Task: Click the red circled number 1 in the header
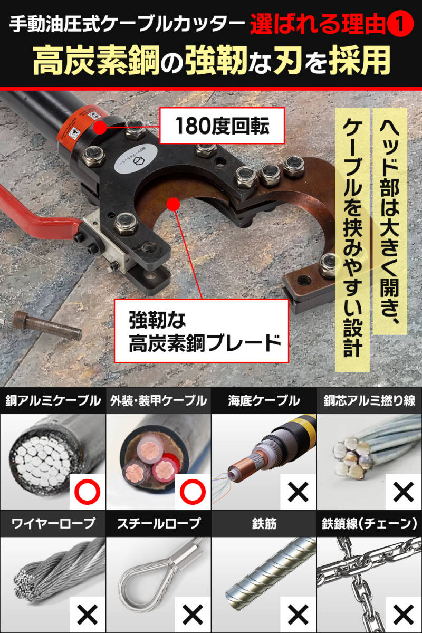pos(400,24)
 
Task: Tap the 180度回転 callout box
pos(222,126)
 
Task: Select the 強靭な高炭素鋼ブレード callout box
pos(202,331)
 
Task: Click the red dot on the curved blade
pos(173,204)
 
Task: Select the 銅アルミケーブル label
pos(53,401)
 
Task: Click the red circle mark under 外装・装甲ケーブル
pos(193,492)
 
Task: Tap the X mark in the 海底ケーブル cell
pos(298,492)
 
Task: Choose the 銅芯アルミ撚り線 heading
pos(369,401)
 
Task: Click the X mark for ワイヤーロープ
pos(88,615)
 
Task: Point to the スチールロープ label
pos(159,523)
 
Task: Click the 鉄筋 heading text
pos(264,524)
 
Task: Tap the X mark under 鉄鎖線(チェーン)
pos(404,615)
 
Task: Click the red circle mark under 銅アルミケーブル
pos(88,492)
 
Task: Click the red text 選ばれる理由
pos(318,24)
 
